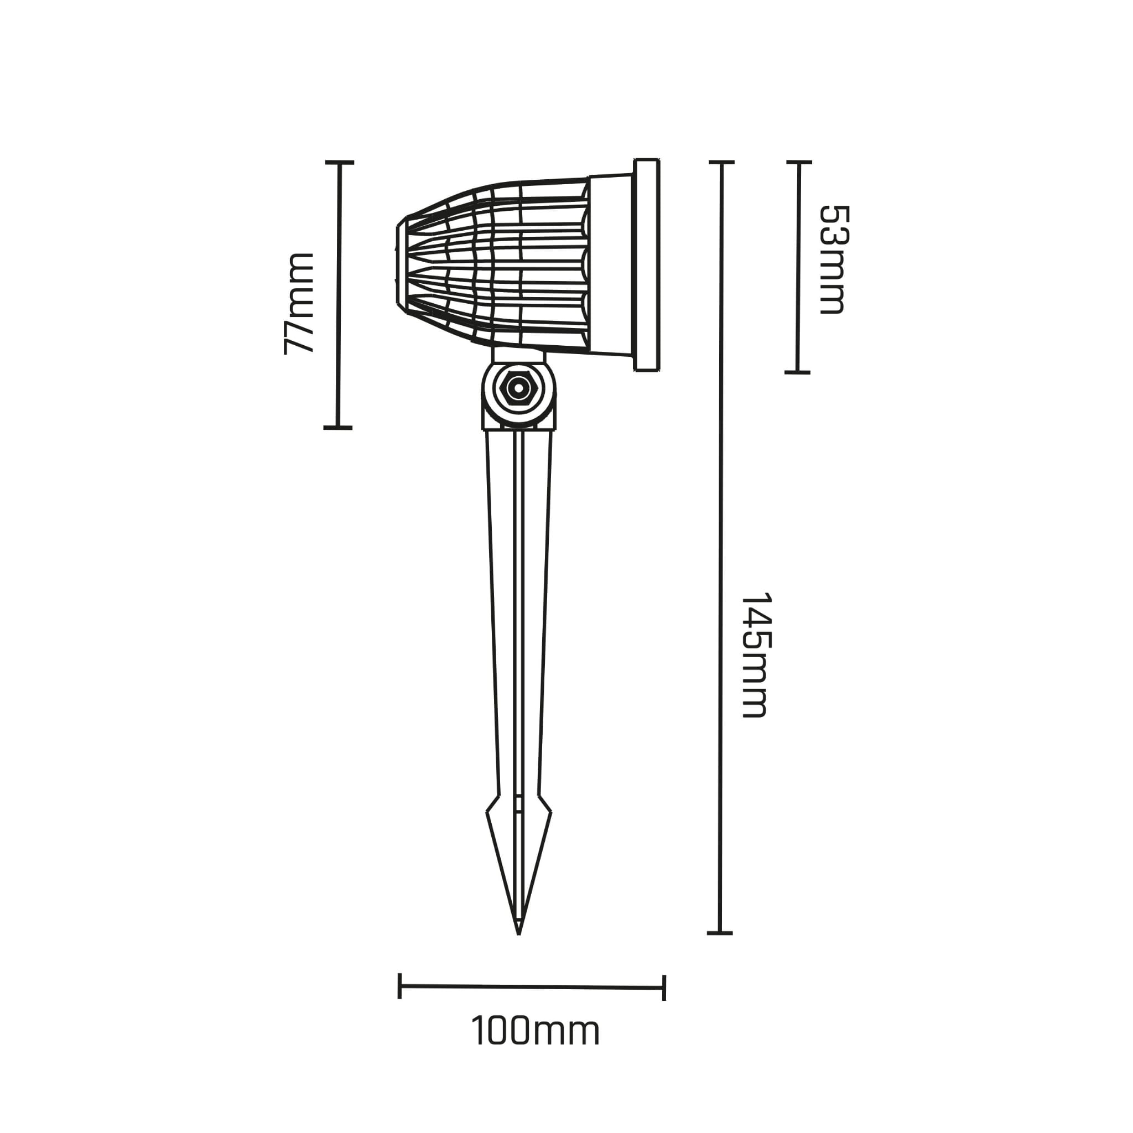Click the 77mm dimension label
pyautogui.click(x=299, y=303)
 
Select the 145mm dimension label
pyautogui.click(x=755, y=656)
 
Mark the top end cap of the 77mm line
pyautogui.click(x=340, y=163)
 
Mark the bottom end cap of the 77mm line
pyautogui.click(x=337, y=428)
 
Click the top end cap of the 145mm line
pyautogui.click(x=721, y=162)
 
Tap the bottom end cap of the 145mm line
pyautogui.click(x=720, y=932)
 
